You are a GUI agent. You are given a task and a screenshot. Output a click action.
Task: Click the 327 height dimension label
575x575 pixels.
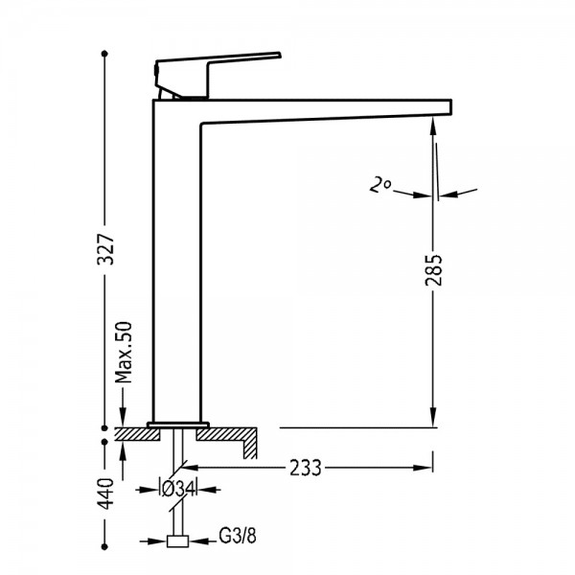(x=105, y=249)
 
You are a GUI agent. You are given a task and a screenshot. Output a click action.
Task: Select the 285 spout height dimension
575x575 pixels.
(x=434, y=269)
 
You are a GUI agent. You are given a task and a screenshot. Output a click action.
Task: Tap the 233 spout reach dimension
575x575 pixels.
(x=305, y=468)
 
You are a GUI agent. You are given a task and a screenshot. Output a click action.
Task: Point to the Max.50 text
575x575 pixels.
(x=124, y=352)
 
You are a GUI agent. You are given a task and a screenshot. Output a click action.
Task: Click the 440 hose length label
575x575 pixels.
(x=106, y=494)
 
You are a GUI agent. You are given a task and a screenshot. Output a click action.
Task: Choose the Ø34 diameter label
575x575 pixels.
(x=178, y=489)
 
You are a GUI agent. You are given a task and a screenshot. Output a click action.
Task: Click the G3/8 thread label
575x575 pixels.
(x=238, y=536)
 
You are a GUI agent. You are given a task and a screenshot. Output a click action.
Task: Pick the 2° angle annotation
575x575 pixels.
(x=379, y=185)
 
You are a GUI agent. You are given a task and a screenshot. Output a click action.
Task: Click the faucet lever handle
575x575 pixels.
(x=218, y=76)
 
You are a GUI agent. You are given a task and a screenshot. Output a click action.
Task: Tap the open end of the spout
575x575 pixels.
(x=450, y=106)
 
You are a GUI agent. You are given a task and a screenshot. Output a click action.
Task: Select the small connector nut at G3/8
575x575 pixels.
(x=177, y=541)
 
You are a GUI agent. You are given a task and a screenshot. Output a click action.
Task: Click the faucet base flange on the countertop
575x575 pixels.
(x=178, y=425)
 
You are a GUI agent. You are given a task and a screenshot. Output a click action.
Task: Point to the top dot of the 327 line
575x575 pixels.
(x=104, y=54)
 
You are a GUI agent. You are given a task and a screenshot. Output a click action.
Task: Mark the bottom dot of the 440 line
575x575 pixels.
(x=104, y=547)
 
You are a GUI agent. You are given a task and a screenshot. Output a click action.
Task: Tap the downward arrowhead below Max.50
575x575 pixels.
(x=123, y=418)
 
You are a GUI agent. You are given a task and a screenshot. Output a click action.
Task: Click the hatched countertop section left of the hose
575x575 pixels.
(x=138, y=434)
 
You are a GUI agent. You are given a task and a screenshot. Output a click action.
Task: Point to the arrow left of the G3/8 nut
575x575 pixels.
(x=153, y=540)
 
